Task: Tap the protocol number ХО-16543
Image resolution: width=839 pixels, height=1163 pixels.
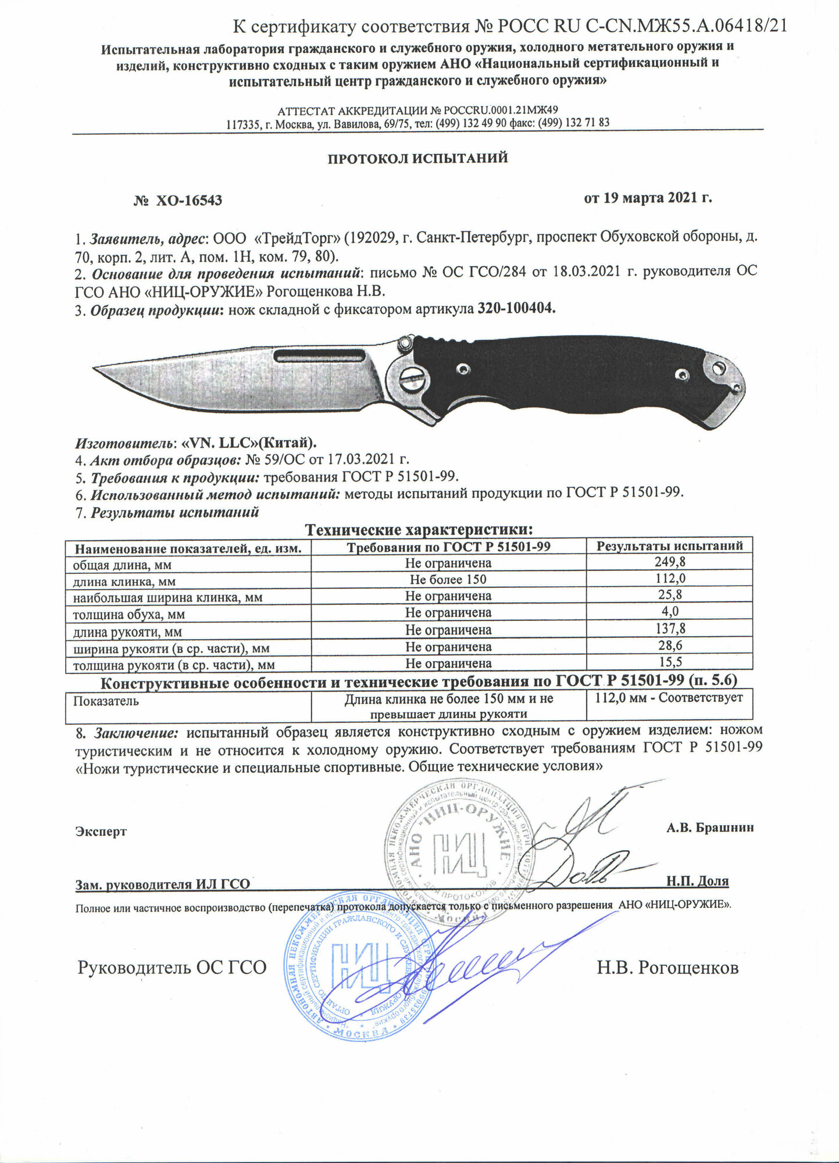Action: (187, 201)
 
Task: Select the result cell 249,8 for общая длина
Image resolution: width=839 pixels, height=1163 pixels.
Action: (669, 563)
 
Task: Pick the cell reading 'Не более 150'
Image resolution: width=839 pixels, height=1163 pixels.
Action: (448, 580)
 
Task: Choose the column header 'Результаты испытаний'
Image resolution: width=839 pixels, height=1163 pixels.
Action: (669, 546)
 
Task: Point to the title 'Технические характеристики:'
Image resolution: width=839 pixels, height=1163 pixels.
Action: (419, 530)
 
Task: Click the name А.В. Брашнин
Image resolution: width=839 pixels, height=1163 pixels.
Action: (709, 827)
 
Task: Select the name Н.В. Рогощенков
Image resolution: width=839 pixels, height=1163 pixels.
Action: (667, 968)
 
